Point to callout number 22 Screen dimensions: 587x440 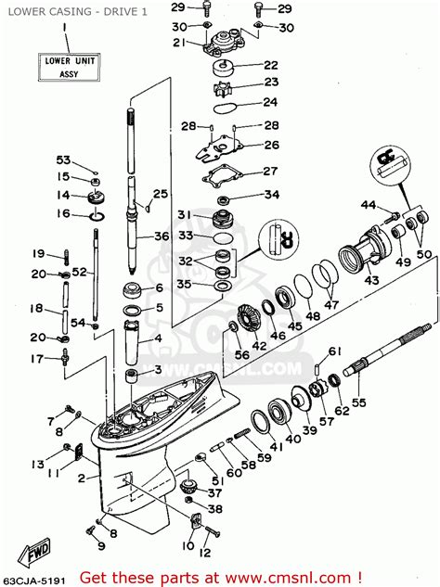point(270,65)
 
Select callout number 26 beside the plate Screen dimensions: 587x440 point(270,145)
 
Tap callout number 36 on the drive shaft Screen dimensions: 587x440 point(162,236)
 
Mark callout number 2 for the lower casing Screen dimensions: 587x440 point(81,478)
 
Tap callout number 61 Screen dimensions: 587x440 point(334,350)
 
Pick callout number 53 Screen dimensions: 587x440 point(63,160)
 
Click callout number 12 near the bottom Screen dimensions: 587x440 point(205,554)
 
